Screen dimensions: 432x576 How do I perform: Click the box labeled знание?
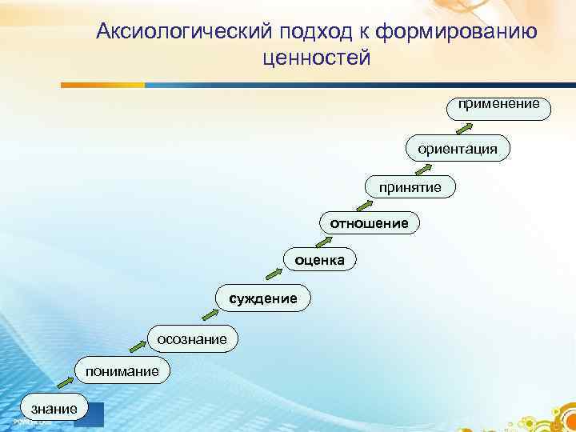pos(53,408)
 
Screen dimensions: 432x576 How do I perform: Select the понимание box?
pos(118,370)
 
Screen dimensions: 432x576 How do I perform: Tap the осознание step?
pos(191,340)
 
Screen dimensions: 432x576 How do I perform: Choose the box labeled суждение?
pos(262,298)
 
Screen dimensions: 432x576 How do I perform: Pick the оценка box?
pos(320,259)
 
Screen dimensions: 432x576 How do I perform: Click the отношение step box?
pos(369,223)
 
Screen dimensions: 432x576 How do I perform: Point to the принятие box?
pos(410,186)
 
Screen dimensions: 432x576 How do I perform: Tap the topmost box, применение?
pos(498,105)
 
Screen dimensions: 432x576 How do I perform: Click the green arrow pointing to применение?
pos(464,126)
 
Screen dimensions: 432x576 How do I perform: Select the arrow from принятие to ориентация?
pos(424,168)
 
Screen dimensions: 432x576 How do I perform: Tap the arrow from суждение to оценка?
pos(274,274)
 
